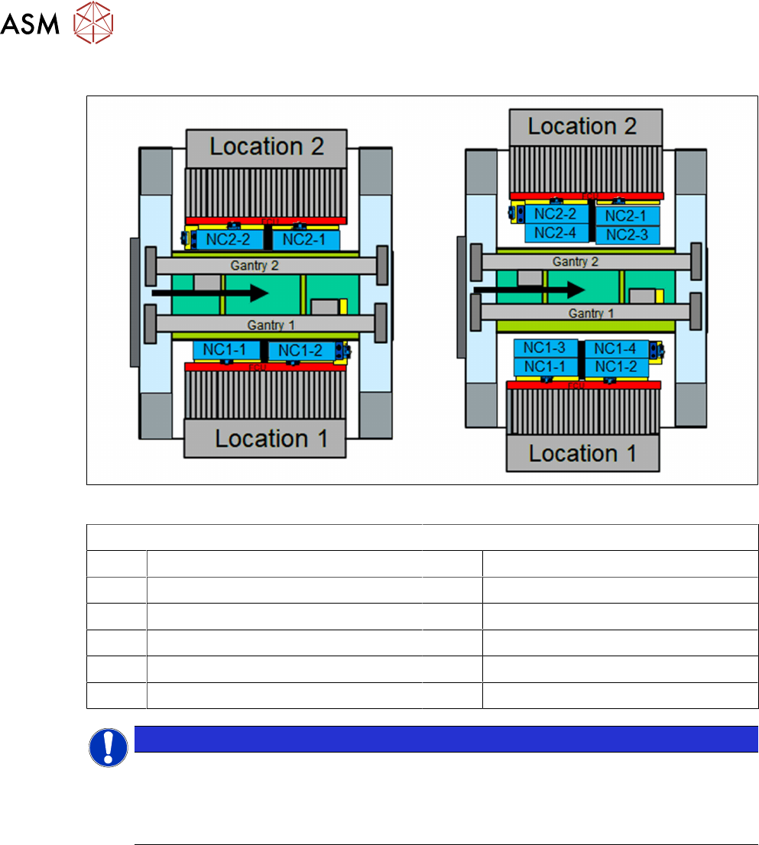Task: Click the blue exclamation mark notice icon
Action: click(109, 747)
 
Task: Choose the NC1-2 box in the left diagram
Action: click(301, 351)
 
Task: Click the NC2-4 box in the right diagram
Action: click(556, 233)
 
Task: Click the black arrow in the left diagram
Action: click(210, 292)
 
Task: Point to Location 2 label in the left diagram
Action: click(267, 146)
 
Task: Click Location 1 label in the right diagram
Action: click(582, 453)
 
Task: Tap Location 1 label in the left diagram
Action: click(271, 439)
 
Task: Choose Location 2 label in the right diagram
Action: click(582, 126)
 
